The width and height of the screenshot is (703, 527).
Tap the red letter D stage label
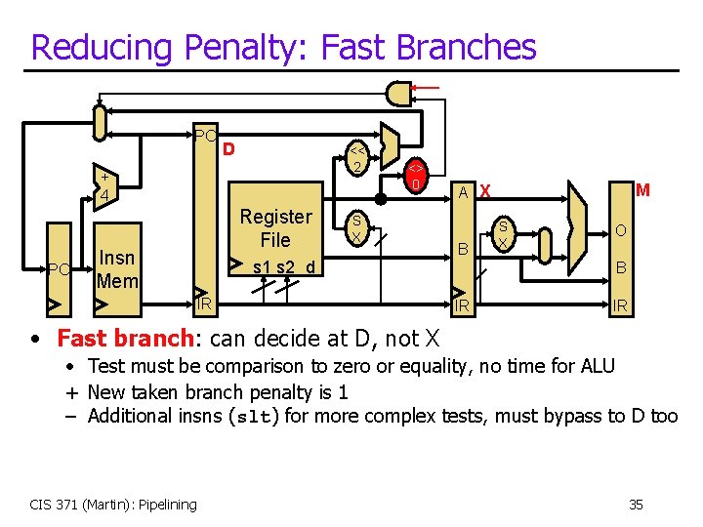tap(227, 149)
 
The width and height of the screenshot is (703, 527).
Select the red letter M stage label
tap(642, 191)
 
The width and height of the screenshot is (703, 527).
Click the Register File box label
tap(275, 227)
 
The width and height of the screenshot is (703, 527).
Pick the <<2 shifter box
tap(358, 158)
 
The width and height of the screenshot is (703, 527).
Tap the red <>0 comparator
tap(415, 177)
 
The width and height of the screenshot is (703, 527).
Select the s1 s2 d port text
tap(283, 267)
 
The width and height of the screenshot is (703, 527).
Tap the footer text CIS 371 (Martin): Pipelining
tap(113, 504)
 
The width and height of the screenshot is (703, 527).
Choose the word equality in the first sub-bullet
tap(430, 366)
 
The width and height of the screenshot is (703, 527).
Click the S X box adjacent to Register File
tap(357, 228)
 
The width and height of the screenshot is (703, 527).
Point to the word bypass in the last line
tap(558, 417)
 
